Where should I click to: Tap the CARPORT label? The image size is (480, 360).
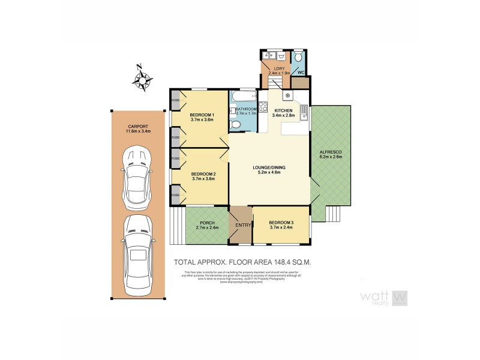coord(137,127)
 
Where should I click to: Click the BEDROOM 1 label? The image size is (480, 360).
coord(202,115)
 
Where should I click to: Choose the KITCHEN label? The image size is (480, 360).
coord(283,110)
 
